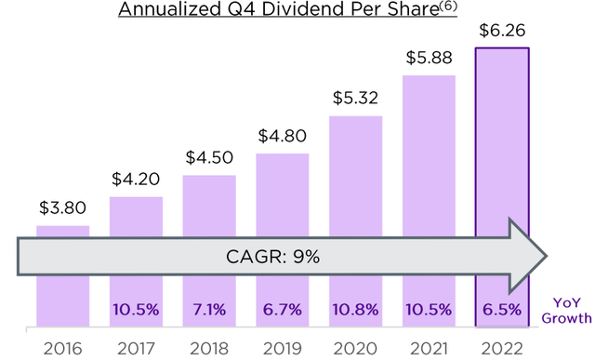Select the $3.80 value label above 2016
pyautogui.click(x=63, y=209)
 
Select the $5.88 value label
pyautogui.click(x=429, y=59)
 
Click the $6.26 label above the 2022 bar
pyautogui.click(x=502, y=31)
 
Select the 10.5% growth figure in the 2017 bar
pyautogui.click(x=136, y=308)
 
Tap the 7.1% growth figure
pyautogui.click(x=209, y=308)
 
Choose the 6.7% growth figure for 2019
pyautogui.click(x=283, y=308)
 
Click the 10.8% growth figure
pyautogui.click(x=356, y=308)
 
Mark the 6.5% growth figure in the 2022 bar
pyautogui.click(x=502, y=308)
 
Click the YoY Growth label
pyautogui.click(x=568, y=309)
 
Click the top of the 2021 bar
pyautogui.click(x=429, y=76)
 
